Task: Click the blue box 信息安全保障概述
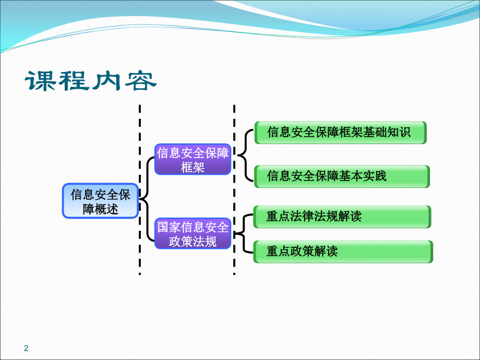(x=101, y=201)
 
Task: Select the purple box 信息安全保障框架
(x=193, y=160)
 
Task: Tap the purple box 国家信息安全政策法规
(x=193, y=234)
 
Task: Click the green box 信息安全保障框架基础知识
(x=340, y=133)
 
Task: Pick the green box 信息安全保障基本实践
(x=342, y=176)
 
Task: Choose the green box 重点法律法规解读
(x=342, y=217)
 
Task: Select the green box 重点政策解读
(x=343, y=251)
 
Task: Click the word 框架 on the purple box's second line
(x=193, y=167)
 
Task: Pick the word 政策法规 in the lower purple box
(x=193, y=241)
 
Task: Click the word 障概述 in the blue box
(x=101, y=209)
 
